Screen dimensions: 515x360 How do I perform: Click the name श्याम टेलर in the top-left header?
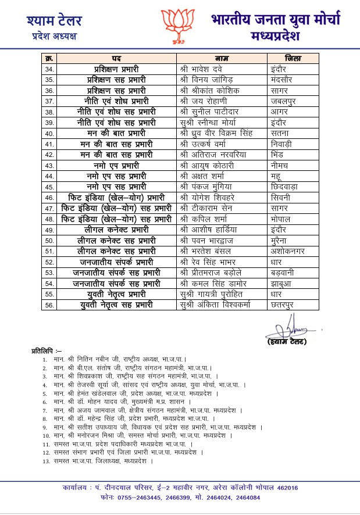click(54, 22)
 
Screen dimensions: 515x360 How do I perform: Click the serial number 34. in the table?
click(49, 69)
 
